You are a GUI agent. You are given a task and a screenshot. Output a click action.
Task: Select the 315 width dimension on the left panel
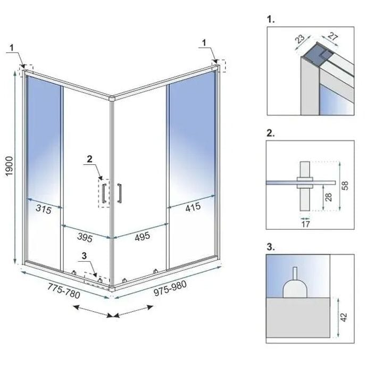[44, 210]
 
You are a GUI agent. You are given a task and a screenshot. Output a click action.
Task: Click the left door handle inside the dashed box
[105, 192]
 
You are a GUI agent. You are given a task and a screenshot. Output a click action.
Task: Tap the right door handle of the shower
[120, 192]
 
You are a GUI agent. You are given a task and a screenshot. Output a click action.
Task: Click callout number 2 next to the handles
[89, 159]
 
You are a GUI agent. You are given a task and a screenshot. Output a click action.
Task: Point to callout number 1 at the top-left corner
[11, 47]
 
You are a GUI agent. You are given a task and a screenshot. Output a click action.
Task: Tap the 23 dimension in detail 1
[299, 39]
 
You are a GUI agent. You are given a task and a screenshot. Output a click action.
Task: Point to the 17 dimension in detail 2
[305, 224]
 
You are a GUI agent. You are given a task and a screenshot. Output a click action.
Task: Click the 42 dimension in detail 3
[345, 317]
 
